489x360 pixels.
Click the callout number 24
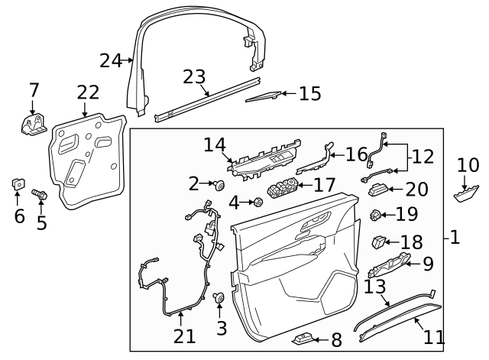point(112,60)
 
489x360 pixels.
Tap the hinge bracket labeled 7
point(33,125)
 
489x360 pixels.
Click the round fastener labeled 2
point(219,184)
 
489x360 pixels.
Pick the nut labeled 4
point(257,203)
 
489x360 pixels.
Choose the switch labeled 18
point(380,242)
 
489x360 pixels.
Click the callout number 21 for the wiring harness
point(184,336)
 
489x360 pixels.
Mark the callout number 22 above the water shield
point(88,93)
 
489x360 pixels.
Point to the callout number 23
point(194,77)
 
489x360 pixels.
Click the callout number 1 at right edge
point(455,238)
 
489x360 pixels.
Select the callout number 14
point(215,144)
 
